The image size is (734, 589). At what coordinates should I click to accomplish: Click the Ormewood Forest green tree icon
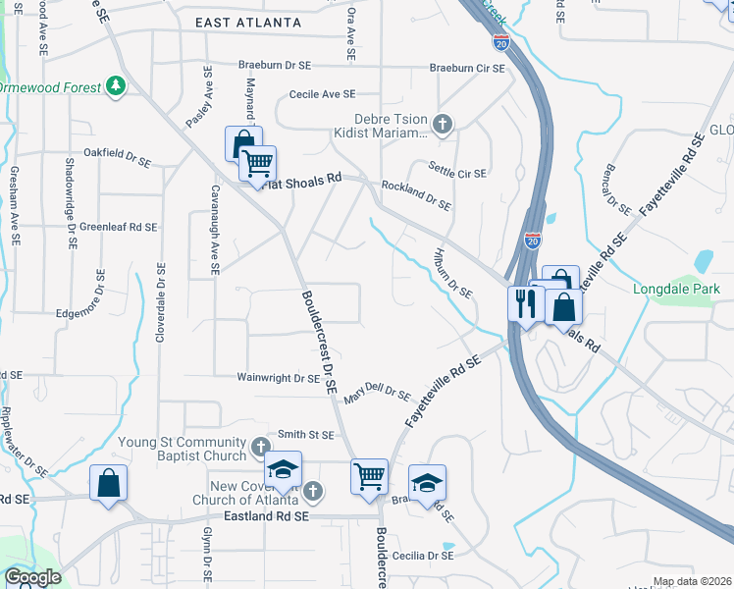[x=117, y=86]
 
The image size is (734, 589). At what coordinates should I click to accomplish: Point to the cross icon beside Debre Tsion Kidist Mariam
[x=443, y=124]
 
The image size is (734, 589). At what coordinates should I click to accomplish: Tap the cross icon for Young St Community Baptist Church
[x=259, y=448]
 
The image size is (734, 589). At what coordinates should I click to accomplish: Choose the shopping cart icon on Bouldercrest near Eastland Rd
[x=369, y=476]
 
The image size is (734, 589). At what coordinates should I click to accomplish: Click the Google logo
[x=32, y=577]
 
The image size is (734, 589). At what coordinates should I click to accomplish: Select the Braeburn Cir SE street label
[x=467, y=68]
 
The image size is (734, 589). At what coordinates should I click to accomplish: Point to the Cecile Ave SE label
[x=321, y=94]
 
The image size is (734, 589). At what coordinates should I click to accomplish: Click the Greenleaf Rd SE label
[x=118, y=227]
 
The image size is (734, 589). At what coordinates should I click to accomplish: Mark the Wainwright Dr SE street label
[x=279, y=377]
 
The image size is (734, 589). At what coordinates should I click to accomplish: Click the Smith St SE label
[x=306, y=433]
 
